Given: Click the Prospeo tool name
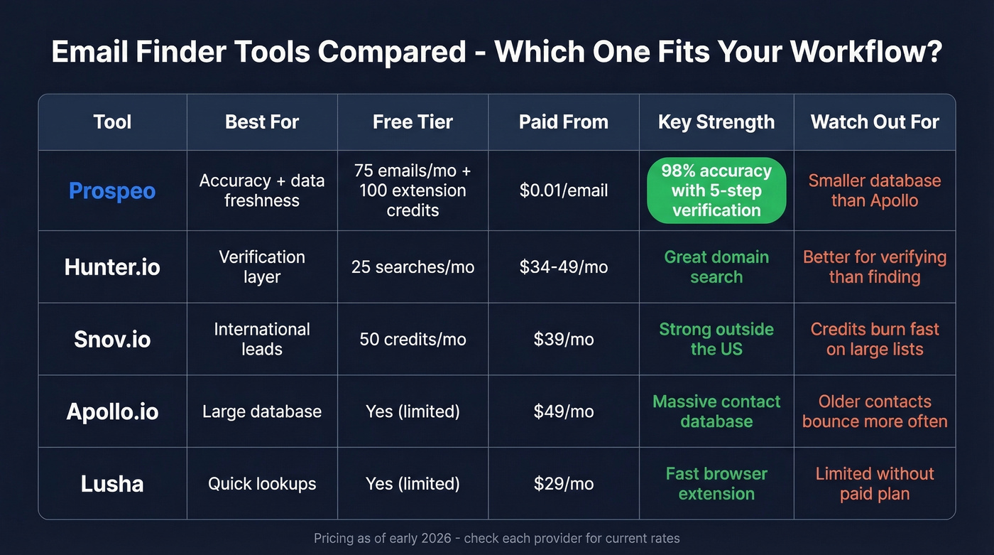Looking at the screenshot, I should click(x=112, y=190).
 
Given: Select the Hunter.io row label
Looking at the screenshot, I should click(x=112, y=267).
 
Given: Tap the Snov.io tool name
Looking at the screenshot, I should click(x=112, y=339).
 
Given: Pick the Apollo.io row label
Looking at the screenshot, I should click(x=112, y=411).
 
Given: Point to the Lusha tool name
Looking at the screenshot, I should click(x=112, y=484).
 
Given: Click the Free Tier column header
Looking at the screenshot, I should click(x=413, y=122).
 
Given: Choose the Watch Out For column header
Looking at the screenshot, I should click(x=875, y=122).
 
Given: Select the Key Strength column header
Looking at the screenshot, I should click(x=716, y=122).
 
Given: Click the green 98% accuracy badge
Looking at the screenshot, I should click(x=716, y=190).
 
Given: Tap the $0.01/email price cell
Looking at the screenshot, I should click(x=564, y=190).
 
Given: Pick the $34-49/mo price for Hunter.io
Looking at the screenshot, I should click(x=564, y=267).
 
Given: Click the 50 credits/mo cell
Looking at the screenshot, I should click(x=413, y=339).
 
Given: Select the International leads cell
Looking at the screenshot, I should click(x=262, y=339).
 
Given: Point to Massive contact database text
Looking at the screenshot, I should click(x=716, y=411).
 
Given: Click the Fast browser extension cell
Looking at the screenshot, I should click(x=716, y=484).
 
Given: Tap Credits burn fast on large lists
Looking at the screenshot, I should click(x=875, y=339).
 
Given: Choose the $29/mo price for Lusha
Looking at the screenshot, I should click(x=564, y=484).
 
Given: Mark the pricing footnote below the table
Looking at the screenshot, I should click(x=497, y=538).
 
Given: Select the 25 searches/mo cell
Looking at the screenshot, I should click(x=413, y=267).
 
